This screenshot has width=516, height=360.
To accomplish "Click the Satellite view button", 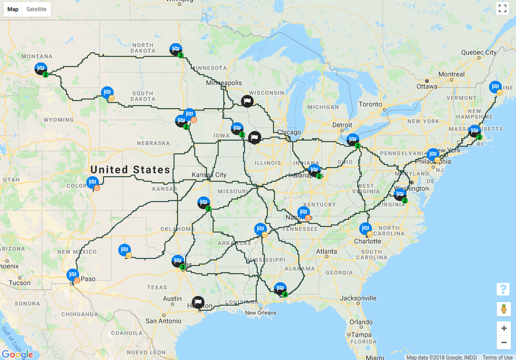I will (37, 9).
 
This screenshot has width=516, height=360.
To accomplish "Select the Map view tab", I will (13, 9).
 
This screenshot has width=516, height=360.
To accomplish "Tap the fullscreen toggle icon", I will (502, 8).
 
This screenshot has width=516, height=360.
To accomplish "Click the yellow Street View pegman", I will (503, 309).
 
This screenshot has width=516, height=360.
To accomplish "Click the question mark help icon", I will (503, 289).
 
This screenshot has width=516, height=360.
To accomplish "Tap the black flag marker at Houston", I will (198, 303).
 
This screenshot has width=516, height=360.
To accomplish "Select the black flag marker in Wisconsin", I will (247, 101).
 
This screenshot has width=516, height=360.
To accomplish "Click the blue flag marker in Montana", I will (41, 68).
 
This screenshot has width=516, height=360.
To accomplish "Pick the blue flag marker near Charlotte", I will (365, 229).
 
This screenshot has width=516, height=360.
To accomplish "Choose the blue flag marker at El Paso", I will (73, 275).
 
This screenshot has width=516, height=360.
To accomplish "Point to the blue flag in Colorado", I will (92, 182).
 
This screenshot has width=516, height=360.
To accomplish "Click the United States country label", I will (130, 170).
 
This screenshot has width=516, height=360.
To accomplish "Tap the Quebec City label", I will (478, 52).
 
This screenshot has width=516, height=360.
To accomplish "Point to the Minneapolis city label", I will (224, 83).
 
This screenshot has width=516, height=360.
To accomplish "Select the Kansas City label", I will (209, 175).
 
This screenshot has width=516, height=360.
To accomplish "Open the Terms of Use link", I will (497, 357).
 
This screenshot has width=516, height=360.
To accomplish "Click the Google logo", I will (17, 354).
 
